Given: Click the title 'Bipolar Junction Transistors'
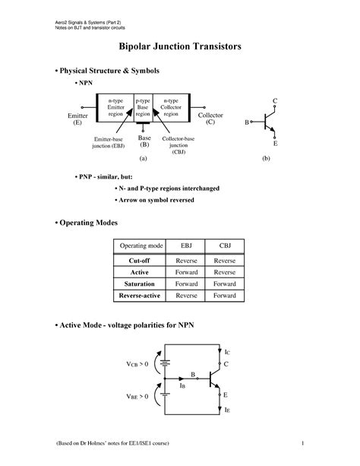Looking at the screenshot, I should pos(180,46).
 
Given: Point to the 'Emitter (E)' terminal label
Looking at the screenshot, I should pos(77,118).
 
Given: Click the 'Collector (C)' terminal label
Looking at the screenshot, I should pos(210,118).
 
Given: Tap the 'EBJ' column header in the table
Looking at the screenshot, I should pos(187,246).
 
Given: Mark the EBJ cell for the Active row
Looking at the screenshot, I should pos(187,271).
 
